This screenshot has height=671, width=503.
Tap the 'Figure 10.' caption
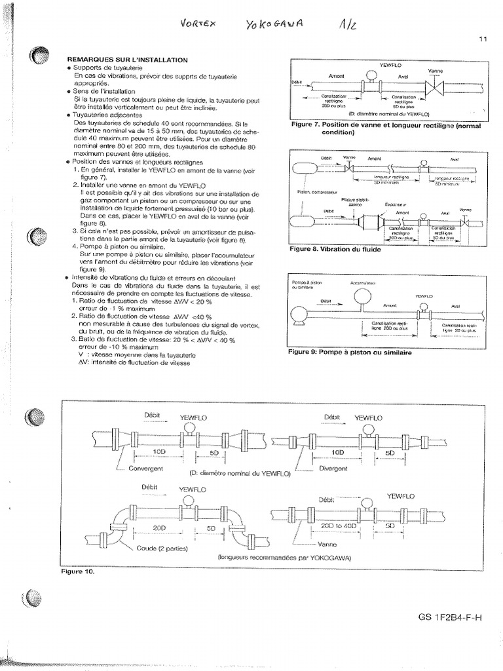coord(77,571)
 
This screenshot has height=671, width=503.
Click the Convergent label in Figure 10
coord(146,469)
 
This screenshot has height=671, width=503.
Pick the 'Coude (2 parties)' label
coord(160,547)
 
